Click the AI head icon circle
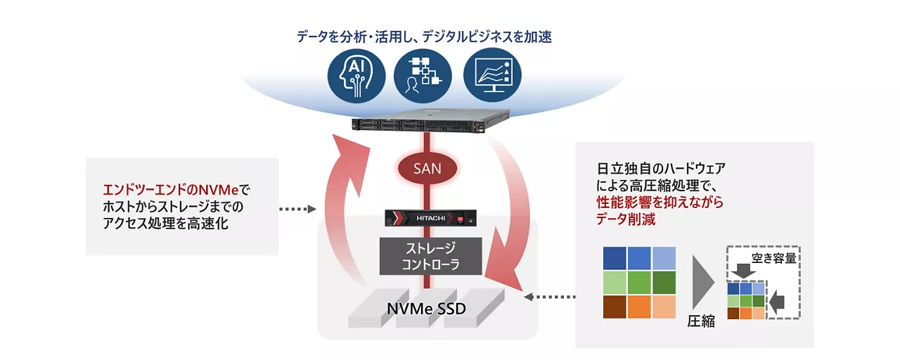357,75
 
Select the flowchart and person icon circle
425,75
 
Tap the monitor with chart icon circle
493,75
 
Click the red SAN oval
427,169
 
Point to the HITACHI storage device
431,219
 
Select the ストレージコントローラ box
431,256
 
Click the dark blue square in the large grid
615,258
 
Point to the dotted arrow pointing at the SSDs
552,297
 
